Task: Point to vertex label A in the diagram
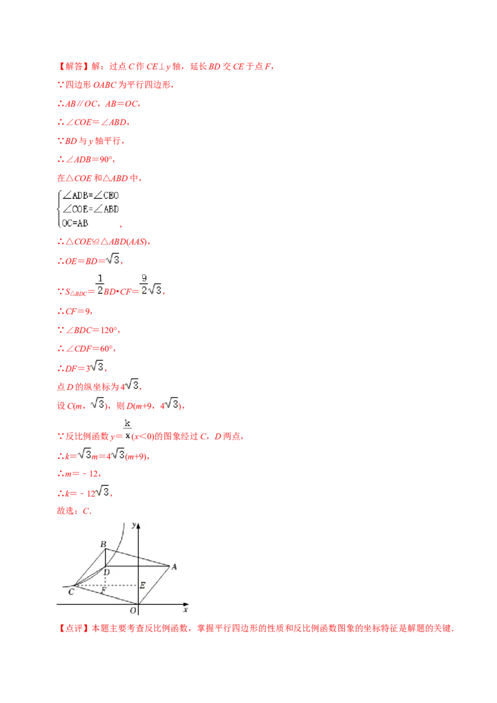tap(174, 567)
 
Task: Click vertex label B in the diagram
tap(103, 544)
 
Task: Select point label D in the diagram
tap(107, 572)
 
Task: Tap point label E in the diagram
tap(142, 585)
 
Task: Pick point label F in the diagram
tap(104, 591)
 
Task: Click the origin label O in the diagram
tap(133, 610)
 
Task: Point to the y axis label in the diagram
tap(134, 525)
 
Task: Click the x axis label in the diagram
tap(185, 610)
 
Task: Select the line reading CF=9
tap(75, 311)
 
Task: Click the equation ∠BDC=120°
tap(89, 330)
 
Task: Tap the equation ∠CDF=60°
tap(86, 348)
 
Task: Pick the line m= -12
tap(79, 473)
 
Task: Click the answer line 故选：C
tap(74, 510)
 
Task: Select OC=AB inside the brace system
tap(75, 223)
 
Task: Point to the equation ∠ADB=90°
tap(86, 159)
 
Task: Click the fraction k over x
tap(127, 429)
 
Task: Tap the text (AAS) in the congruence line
tap(137, 242)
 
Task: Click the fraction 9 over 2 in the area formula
tap(144, 284)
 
